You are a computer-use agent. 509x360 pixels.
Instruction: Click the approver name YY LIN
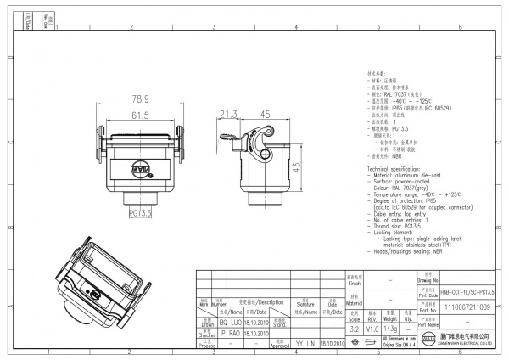tap(304, 346)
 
